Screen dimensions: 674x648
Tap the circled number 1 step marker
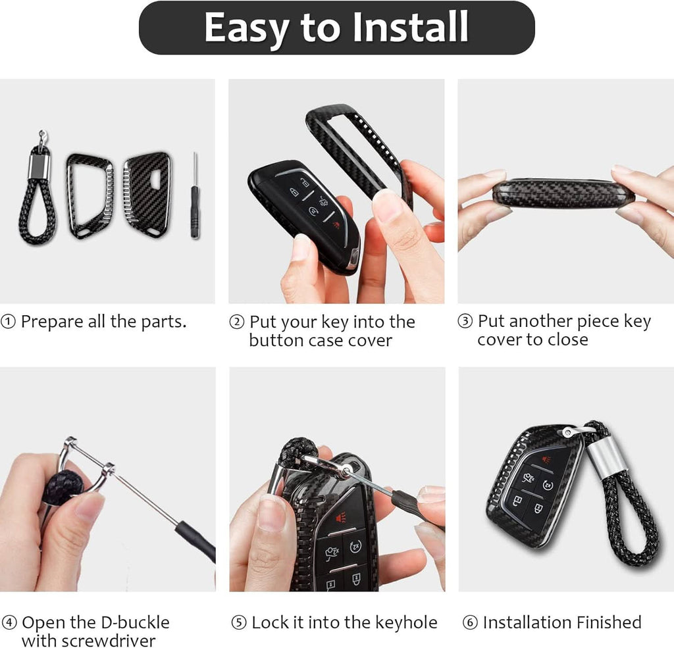tap(8, 322)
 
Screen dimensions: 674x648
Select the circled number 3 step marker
tap(465, 322)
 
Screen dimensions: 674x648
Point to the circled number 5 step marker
tap(238, 622)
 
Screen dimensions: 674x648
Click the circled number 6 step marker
tap(470, 622)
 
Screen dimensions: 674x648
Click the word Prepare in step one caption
tap(52, 322)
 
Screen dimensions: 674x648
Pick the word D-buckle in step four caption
tap(135, 622)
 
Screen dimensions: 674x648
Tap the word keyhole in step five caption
tap(405, 622)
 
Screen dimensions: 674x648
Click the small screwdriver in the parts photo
tap(195, 195)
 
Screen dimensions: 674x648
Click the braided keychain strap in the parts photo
tap(36, 189)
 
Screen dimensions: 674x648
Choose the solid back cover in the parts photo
tap(147, 194)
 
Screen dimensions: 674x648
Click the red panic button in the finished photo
tap(546, 461)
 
